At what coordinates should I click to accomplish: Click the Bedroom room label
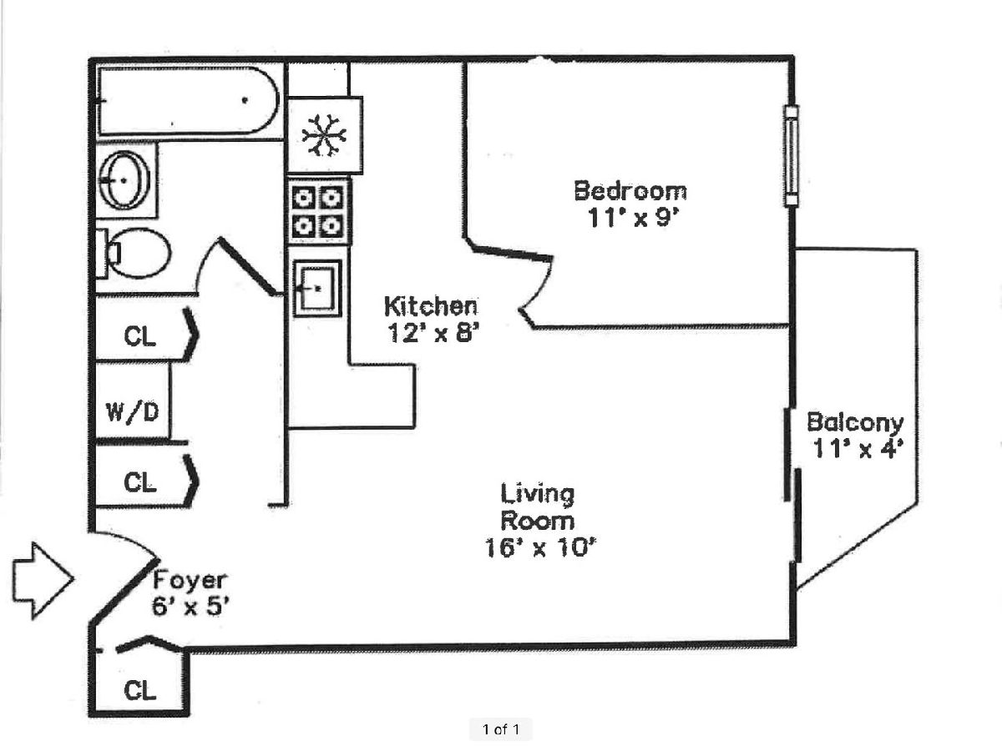point(630,190)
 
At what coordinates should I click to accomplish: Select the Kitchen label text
point(430,305)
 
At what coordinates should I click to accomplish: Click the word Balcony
point(855,421)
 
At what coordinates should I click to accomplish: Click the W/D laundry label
point(133,412)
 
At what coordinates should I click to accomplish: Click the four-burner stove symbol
point(319,210)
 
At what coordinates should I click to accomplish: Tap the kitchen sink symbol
point(317,288)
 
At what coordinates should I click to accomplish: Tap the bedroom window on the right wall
point(790,156)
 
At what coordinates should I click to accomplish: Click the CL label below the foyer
point(139,690)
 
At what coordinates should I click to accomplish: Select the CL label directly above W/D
point(139,335)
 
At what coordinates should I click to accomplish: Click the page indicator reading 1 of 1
point(501,730)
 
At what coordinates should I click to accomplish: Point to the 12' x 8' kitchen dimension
point(432,333)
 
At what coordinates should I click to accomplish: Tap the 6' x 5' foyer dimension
point(189,607)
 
